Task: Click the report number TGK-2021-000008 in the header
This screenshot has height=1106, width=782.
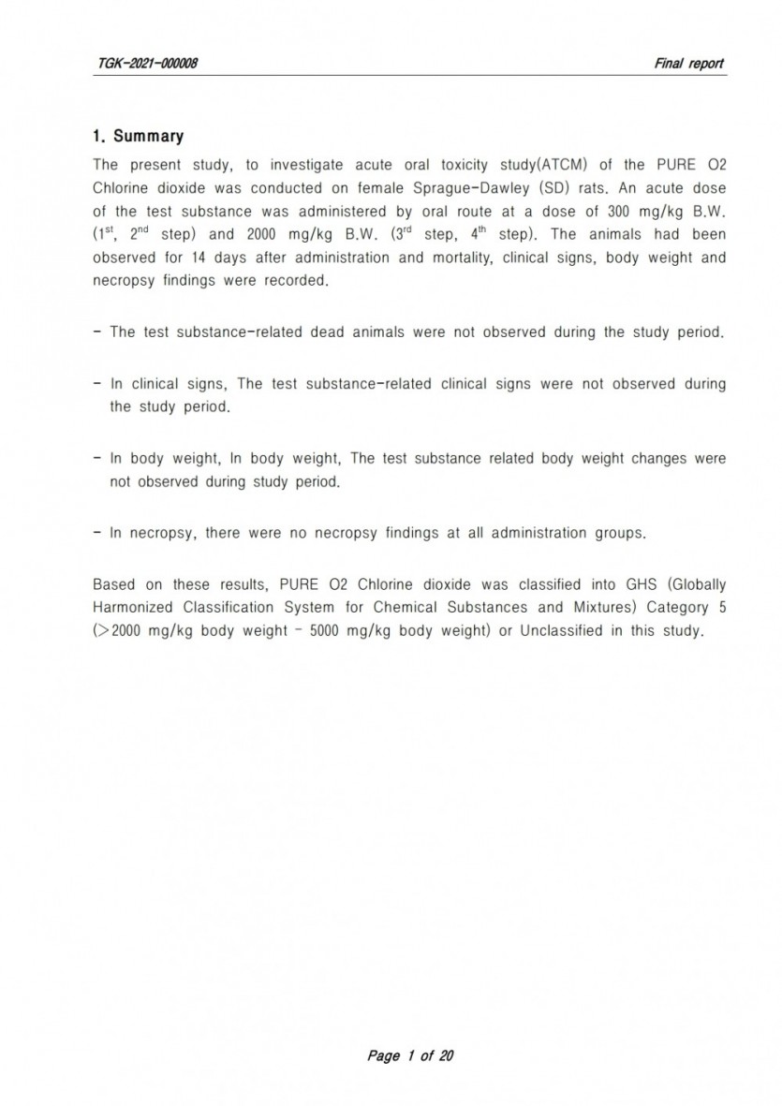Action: (x=146, y=63)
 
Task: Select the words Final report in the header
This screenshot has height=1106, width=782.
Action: (x=689, y=63)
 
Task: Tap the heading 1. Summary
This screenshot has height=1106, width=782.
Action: (x=138, y=137)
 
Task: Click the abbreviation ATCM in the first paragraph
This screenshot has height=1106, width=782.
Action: (x=565, y=166)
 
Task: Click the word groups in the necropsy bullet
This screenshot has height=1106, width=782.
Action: (x=620, y=534)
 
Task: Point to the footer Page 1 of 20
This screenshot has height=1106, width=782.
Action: (x=410, y=1056)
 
